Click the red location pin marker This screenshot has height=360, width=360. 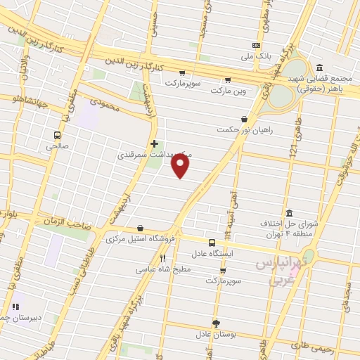181,166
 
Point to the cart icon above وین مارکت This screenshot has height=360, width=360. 226,79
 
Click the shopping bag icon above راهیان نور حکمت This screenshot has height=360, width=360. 244,120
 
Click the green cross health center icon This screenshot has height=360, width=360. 154,143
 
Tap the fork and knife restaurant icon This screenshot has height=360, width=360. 162,258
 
